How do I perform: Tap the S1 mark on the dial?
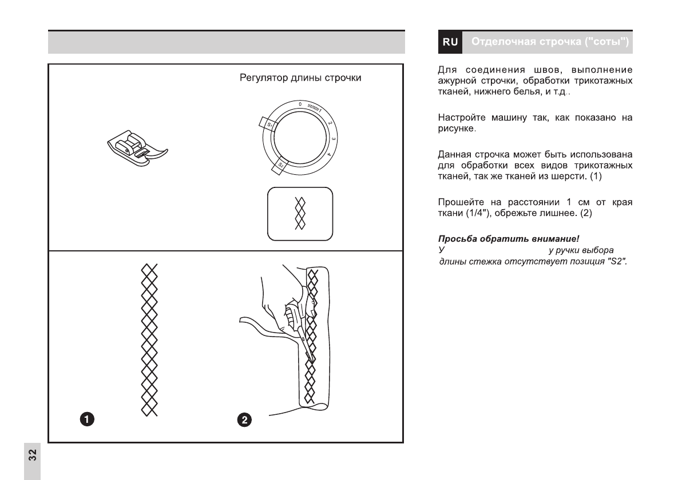tap(268, 123)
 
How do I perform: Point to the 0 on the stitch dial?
tap(300, 104)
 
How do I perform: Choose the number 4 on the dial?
tap(329, 154)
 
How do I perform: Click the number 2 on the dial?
tap(330, 122)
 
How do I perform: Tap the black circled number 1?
tap(86, 419)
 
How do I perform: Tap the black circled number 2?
tap(244, 420)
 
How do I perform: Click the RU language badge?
tap(450, 42)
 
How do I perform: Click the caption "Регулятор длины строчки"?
tap(300, 78)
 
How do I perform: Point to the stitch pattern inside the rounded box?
tap(300, 213)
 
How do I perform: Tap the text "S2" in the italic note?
tap(617, 262)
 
